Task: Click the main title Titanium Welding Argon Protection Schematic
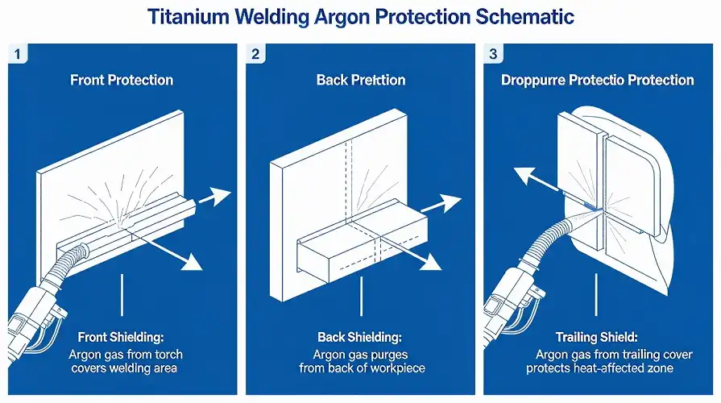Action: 360,17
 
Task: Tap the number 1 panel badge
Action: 19,55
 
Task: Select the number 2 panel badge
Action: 256,55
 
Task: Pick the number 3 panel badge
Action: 494,55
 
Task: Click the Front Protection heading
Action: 122,80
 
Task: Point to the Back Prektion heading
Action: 359,80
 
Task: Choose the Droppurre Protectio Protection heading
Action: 597,80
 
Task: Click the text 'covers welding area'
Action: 122,368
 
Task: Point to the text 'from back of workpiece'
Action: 359,368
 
